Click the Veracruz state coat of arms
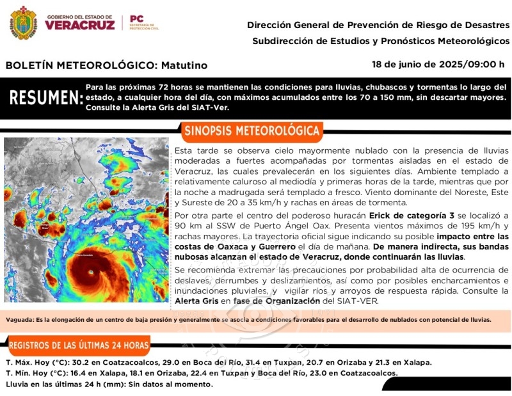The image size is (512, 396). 24,23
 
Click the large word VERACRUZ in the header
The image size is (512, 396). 80,26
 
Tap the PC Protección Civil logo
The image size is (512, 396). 143,23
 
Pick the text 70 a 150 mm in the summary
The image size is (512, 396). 428,97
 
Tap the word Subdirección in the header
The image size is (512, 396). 281,41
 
